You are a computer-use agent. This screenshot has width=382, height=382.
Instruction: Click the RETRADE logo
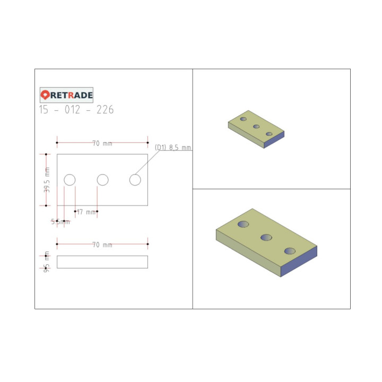67,95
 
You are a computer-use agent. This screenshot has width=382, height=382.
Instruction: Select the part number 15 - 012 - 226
76,110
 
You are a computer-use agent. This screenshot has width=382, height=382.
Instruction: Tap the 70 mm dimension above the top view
102,143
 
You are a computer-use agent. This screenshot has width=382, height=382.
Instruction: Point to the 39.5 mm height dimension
47,180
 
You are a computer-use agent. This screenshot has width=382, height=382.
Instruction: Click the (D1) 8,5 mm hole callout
172,147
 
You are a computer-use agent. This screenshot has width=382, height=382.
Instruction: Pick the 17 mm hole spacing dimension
86,212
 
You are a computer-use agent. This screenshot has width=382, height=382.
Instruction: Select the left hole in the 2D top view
70,180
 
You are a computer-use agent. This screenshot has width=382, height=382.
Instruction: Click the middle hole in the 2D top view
102,180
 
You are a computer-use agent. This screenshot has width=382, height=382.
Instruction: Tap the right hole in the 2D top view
135,180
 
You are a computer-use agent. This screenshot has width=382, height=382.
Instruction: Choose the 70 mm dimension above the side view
102,245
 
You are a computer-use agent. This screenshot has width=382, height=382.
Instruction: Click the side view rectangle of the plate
102,262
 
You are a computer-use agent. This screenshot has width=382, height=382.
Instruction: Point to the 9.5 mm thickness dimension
47,261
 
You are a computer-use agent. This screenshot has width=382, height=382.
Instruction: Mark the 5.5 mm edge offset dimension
60,222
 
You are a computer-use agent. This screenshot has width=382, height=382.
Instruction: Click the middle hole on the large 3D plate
266,237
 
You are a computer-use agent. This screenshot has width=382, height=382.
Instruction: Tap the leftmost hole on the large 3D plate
244,224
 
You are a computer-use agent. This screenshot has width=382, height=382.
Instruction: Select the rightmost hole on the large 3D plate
290,251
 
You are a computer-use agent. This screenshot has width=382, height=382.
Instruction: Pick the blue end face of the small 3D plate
274,139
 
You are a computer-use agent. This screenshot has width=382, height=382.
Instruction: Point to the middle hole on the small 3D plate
256,126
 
